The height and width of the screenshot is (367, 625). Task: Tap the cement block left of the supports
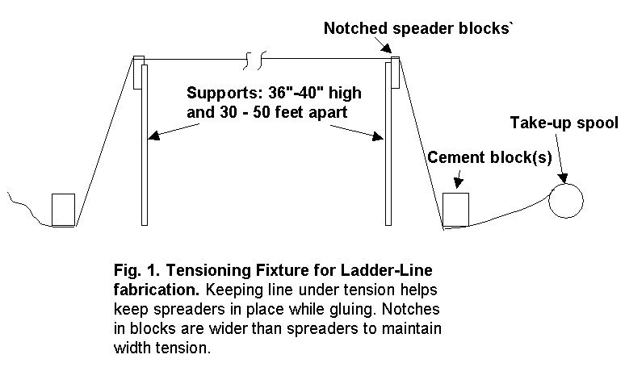click(x=63, y=210)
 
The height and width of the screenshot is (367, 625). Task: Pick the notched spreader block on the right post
click(x=395, y=71)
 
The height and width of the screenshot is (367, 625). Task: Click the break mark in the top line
click(x=250, y=58)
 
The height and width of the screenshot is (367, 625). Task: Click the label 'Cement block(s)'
click(x=489, y=156)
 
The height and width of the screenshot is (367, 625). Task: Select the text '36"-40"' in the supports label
click(x=288, y=92)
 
